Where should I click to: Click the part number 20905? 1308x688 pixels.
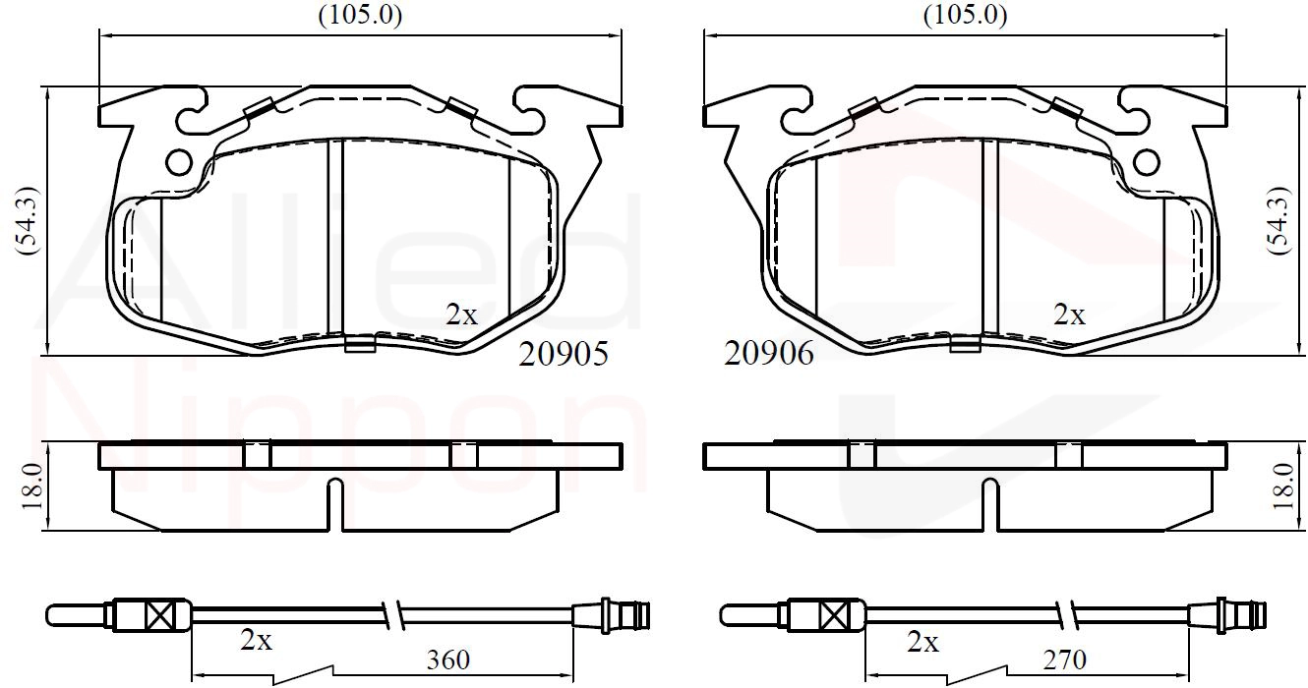[564, 354]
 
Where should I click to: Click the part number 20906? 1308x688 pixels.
[768, 354]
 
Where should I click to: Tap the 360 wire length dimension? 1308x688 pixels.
[447, 660]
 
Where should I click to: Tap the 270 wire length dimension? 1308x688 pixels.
[1064, 660]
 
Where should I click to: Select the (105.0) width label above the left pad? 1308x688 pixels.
[360, 15]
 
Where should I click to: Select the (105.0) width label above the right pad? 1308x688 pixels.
[965, 15]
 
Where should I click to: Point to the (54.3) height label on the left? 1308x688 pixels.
[28, 220]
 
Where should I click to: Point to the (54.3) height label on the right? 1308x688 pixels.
[1278, 220]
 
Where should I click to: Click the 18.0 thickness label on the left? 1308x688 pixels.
[32, 487]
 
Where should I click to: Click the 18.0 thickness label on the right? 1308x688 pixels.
[1284, 487]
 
